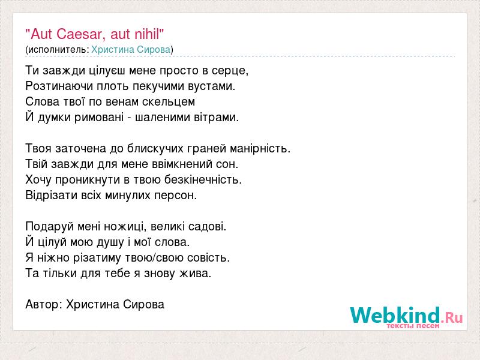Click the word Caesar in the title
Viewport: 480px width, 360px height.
click(x=81, y=34)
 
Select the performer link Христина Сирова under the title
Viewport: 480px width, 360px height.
click(x=131, y=50)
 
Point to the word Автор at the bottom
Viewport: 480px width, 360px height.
click(x=43, y=305)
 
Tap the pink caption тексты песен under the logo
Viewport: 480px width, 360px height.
click(x=413, y=326)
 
